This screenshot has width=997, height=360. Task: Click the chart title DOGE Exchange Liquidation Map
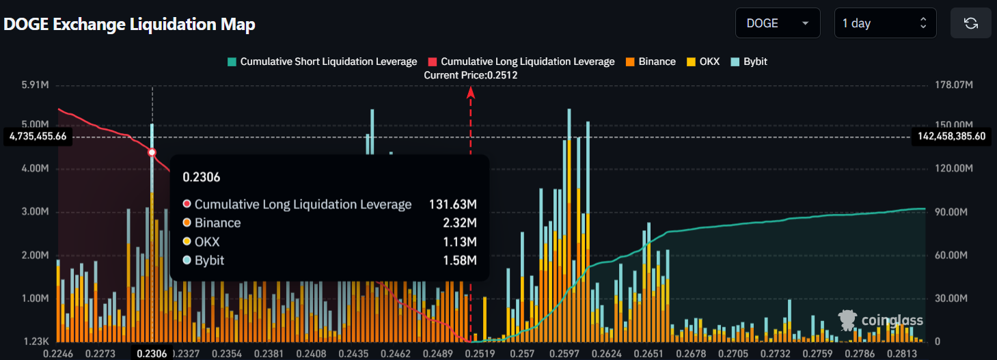point(129,24)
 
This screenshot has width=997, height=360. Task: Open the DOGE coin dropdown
point(778,23)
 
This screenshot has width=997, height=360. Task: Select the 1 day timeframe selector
point(885,23)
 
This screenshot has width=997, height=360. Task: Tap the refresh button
point(971,23)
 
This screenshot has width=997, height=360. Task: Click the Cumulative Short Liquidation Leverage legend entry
point(323,61)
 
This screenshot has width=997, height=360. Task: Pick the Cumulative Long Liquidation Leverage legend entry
point(521,61)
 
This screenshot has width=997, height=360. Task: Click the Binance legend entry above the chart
point(651,61)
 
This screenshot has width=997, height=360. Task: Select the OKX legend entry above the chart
point(703,61)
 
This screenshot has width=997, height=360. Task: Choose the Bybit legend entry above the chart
point(749,61)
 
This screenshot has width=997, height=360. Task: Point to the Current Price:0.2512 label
point(470,75)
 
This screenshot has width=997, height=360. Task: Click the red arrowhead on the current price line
point(470,92)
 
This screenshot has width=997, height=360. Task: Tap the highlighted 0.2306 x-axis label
point(152,353)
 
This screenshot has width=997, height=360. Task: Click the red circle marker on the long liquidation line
point(152,152)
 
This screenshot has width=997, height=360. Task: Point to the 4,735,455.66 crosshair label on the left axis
point(38,136)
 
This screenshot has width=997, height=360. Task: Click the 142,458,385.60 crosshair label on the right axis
point(952,136)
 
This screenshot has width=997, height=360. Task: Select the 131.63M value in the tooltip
point(452,204)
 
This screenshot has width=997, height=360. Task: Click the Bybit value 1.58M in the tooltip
point(460,260)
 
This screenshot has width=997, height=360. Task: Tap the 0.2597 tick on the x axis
point(564,354)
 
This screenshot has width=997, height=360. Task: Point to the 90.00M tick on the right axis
point(951,212)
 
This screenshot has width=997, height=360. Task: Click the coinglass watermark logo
point(881,320)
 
